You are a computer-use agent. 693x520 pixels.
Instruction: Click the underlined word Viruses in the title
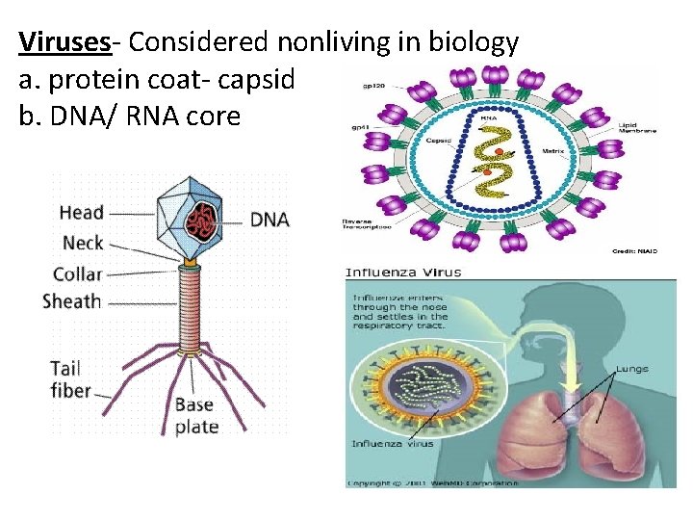coord(64,42)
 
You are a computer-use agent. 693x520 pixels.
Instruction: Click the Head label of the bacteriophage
coord(81,213)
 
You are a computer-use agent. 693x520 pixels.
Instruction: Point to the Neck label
coord(82,243)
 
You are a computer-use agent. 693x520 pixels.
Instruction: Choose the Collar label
coord(77,273)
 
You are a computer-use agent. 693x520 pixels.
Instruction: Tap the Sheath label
coord(71,301)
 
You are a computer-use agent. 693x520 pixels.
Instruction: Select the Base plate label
coord(196,415)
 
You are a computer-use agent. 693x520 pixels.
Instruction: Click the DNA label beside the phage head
coord(269,220)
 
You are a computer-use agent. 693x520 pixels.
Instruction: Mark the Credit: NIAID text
coord(634,250)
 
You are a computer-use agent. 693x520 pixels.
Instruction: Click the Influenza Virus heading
coord(403,272)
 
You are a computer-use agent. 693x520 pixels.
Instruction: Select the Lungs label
coord(631,369)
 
